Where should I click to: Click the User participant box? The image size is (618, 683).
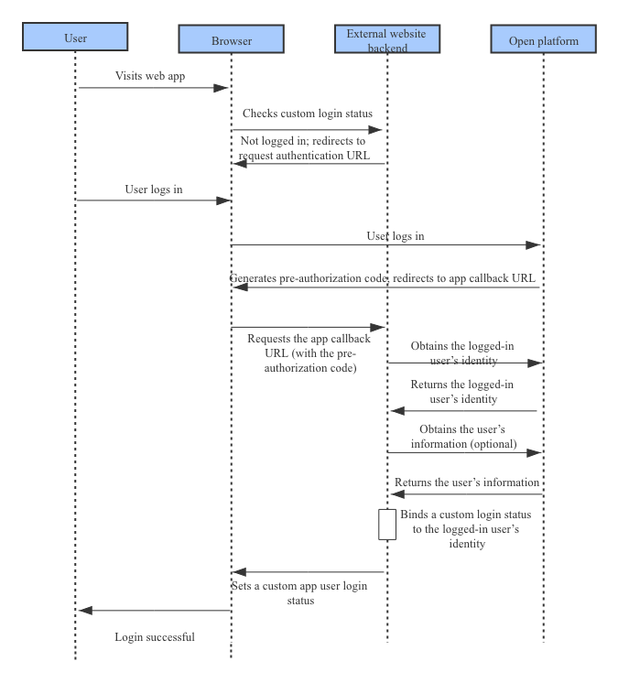coord(75,38)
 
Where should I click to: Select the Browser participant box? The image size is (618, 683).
coord(231,40)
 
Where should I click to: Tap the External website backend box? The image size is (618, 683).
coord(387,39)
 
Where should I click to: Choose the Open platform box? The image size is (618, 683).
coord(543,40)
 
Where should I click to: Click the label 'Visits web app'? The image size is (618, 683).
coord(150,76)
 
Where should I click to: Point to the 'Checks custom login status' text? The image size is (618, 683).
coord(308,114)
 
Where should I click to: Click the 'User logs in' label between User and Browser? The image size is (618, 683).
coord(153,190)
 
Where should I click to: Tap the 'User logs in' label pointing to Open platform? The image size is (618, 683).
coord(396,236)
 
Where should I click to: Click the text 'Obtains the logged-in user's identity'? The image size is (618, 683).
coord(461,352)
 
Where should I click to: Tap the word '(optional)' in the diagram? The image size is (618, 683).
coord(493,444)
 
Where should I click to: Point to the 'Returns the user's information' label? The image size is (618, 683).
coord(467,482)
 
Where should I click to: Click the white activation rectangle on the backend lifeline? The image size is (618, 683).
coord(387,525)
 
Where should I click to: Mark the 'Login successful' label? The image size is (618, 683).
coord(154,636)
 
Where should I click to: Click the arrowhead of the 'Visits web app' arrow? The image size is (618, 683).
coord(222,88)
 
